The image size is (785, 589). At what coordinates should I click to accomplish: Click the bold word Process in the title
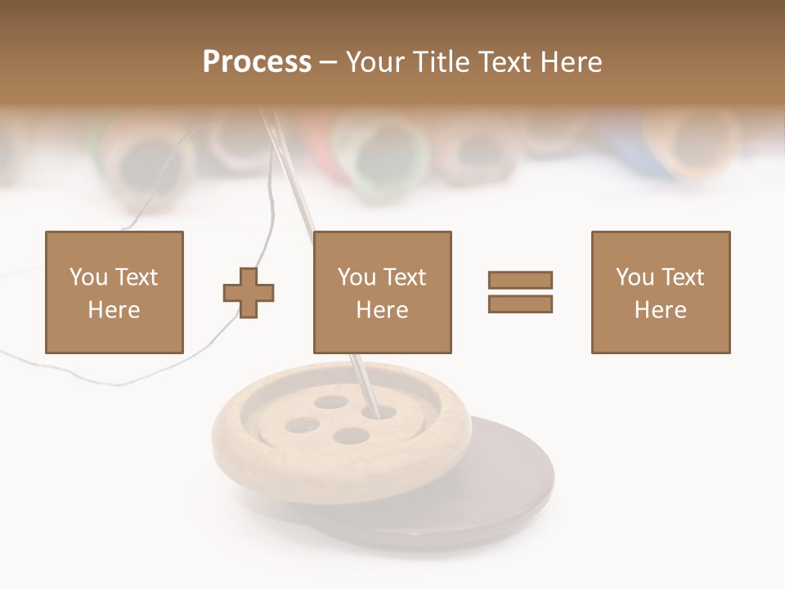click(257, 62)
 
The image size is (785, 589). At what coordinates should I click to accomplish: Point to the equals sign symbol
click(520, 292)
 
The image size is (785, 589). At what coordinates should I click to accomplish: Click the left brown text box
click(114, 292)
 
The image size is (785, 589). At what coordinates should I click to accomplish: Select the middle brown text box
click(382, 292)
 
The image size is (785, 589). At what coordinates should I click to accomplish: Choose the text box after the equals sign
click(660, 292)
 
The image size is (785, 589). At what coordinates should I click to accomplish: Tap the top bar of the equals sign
click(520, 280)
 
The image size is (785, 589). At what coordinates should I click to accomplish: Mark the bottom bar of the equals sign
click(520, 303)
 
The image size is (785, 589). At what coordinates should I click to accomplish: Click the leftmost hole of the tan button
click(301, 425)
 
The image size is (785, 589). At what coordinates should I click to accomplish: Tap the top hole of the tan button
click(330, 402)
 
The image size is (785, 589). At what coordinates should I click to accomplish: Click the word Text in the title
click(505, 62)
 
